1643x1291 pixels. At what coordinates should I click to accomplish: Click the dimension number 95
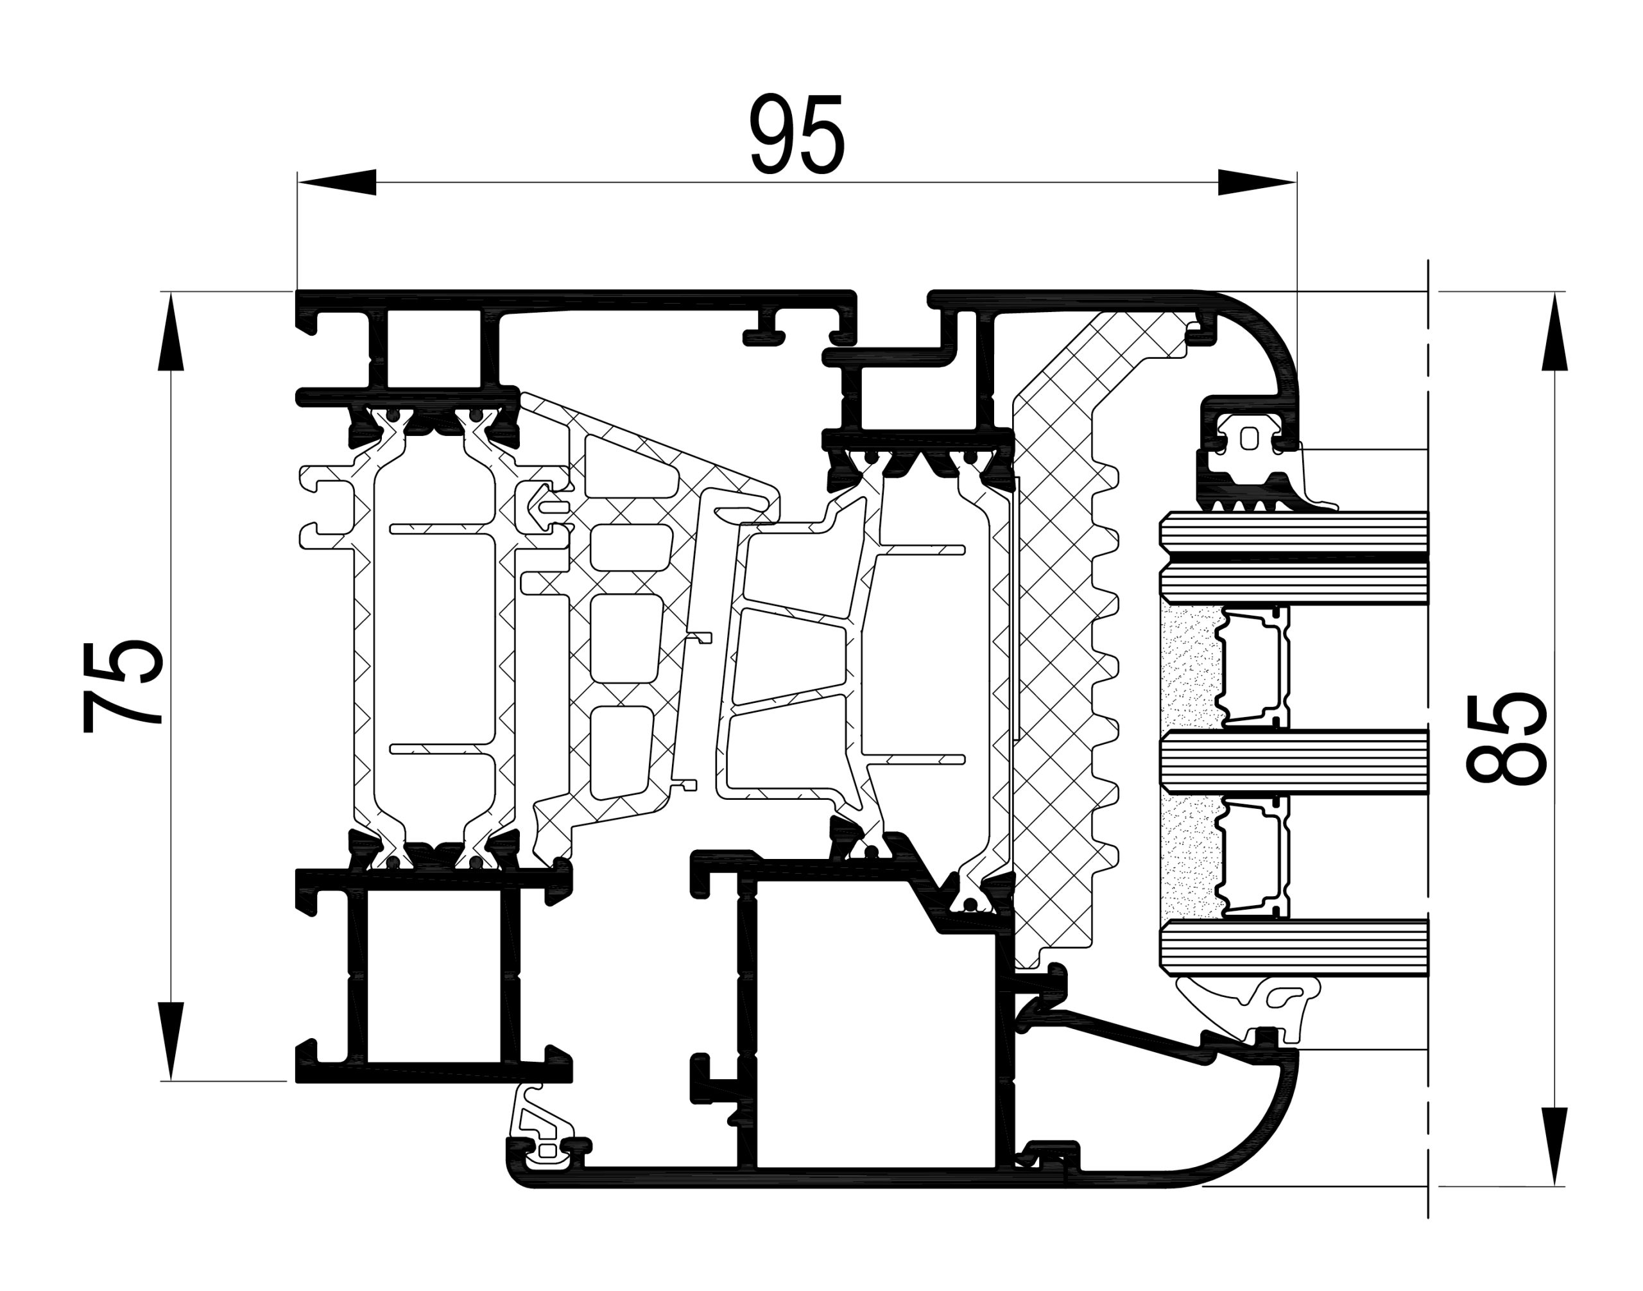(796, 135)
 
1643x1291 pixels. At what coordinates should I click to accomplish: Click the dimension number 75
(122, 686)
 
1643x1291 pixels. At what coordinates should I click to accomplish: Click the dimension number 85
(1506, 737)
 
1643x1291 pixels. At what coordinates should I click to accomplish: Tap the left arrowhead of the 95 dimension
(336, 182)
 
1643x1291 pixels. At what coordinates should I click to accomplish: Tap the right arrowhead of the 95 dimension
(1257, 182)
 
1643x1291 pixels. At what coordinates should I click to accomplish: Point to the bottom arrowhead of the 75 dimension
(171, 1041)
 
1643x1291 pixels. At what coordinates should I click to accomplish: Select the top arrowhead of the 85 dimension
(1554, 331)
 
